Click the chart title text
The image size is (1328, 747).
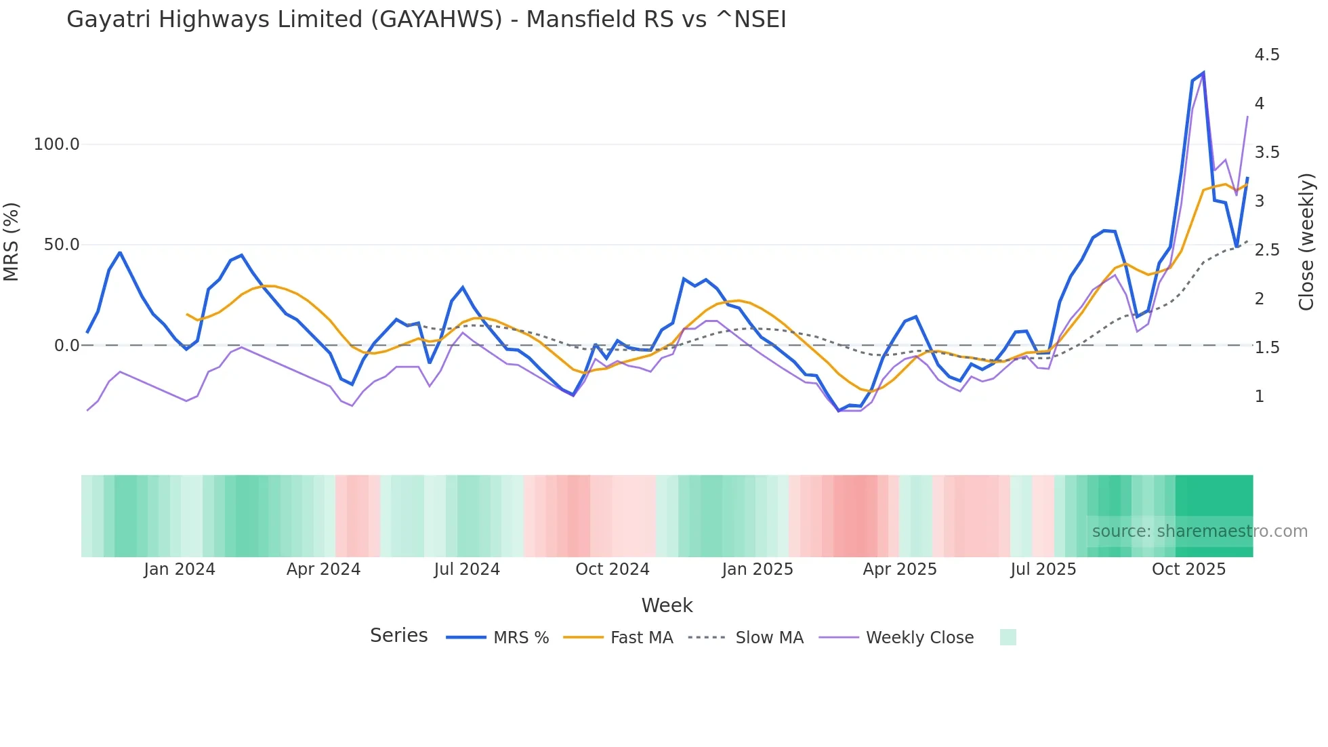426,20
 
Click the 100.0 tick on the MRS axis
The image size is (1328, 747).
56,144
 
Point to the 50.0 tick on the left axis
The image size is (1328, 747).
61,245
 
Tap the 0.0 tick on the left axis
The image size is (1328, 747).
66,346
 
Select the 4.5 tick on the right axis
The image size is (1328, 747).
1266,55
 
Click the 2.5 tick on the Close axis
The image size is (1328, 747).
1266,250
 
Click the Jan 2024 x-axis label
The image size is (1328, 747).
180,569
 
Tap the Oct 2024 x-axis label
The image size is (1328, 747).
612,569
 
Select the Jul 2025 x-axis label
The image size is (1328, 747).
1043,569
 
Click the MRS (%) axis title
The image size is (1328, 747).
12,242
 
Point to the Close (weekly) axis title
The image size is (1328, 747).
1306,242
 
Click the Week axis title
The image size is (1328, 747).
667,605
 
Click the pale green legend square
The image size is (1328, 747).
1008,637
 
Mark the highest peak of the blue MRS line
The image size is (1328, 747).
1203,73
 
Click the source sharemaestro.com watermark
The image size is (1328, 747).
1199,531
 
